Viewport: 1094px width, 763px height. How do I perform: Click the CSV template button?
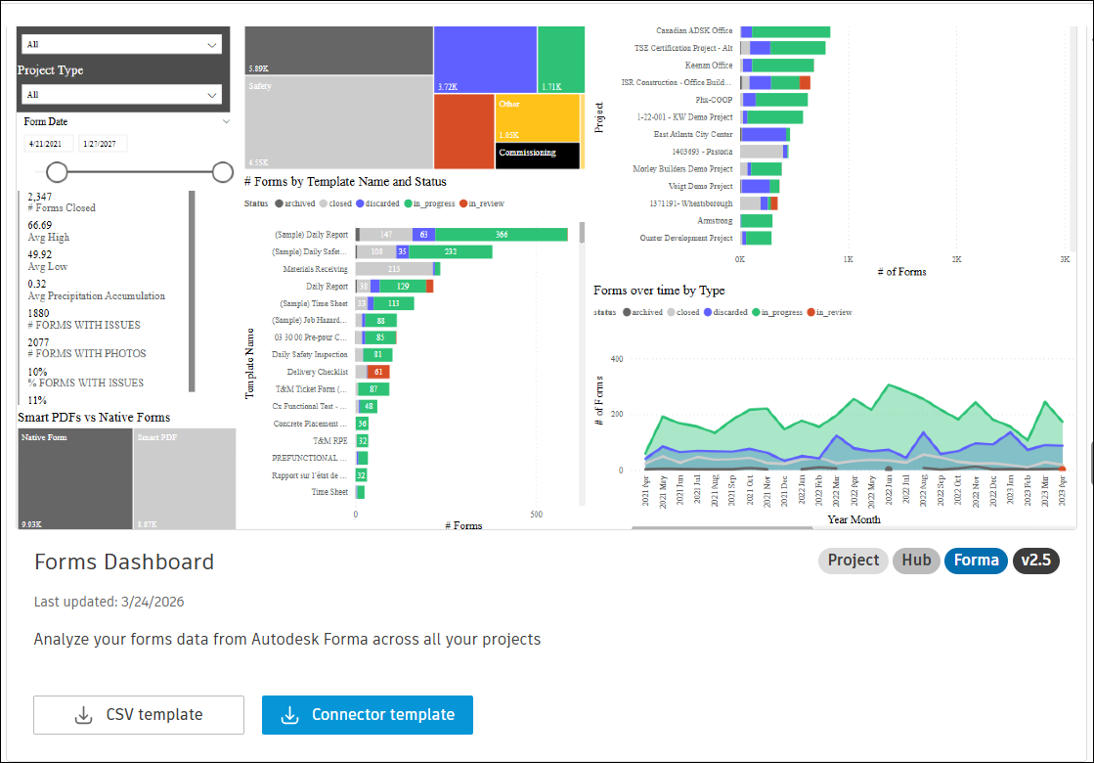coord(139,715)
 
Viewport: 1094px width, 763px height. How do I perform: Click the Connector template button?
coord(368,715)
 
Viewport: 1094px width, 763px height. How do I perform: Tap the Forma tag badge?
coord(976,561)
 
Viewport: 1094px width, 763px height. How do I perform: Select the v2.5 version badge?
coord(1035,561)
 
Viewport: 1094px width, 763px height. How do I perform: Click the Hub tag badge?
coord(916,561)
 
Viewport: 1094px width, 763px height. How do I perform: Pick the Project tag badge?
coord(853,561)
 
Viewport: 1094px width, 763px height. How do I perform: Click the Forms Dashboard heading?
coord(124,562)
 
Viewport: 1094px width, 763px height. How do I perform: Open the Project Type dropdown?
coord(121,95)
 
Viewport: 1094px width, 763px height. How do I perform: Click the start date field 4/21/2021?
coord(48,144)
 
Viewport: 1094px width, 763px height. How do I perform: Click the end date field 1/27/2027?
coord(102,144)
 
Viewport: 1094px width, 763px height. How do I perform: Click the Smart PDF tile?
coord(185,479)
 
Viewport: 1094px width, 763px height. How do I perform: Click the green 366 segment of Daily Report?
coord(502,235)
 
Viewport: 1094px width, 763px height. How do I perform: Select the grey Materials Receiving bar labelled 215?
coord(394,269)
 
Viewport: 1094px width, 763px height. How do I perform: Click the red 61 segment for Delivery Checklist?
coord(378,372)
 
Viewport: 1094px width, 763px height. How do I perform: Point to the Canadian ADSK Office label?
coord(694,31)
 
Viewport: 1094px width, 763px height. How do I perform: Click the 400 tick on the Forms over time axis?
coord(616,359)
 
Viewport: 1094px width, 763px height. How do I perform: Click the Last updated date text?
coord(109,602)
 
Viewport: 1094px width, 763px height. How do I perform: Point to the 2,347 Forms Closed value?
coord(40,197)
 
